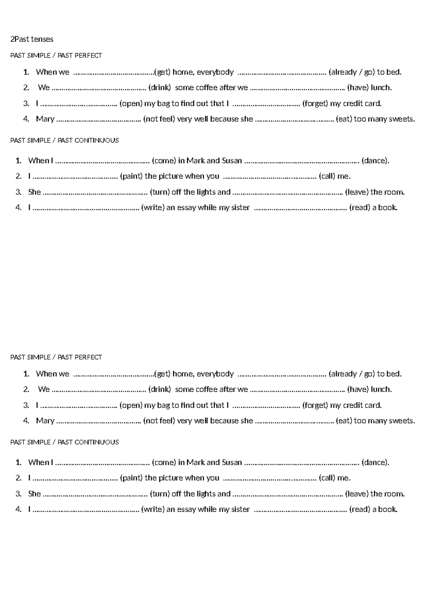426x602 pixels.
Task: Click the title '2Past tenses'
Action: coord(32,39)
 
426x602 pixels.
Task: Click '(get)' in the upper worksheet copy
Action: coord(163,72)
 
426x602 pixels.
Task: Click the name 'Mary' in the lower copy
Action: coord(45,421)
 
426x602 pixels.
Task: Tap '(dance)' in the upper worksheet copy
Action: coord(375,160)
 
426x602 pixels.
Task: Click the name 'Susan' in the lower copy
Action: coord(231,462)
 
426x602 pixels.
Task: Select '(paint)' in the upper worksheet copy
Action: coord(131,176)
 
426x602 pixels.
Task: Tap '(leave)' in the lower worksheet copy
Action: coord(356,494)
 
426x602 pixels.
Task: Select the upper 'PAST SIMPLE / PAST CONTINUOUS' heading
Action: coord(64,141)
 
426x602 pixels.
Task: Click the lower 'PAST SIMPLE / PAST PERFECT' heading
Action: coord(56,357)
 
